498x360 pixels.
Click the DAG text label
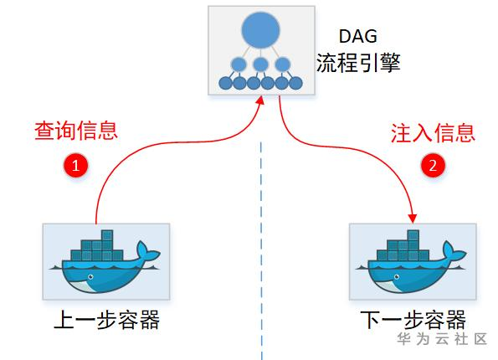tap(358, 36)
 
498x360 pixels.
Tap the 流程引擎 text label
tap(358, 62)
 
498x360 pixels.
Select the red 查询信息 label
tap(76, 131)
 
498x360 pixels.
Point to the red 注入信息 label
tap(433, 132)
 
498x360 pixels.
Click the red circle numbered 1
tap(76, 165)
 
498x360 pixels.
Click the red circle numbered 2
tap(433, 165)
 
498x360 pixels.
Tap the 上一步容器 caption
tap(107, 319)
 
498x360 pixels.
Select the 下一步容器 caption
tap(413, 319)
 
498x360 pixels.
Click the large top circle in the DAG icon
tap(261, 30)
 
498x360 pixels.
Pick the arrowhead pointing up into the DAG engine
tap(260, 100)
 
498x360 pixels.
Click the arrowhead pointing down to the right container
tap(413, 219)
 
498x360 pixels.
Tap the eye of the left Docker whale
tap(90, 277)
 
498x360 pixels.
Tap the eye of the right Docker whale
tap(397, 277)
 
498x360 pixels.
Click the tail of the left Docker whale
tap(146, 251)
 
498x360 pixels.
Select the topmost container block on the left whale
tap(107, 235)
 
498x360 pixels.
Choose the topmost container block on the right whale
tap(413, 235)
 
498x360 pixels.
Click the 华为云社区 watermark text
tap(442, 339)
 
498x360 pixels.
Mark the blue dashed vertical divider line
tap(261, 251)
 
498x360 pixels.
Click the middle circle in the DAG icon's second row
tap(261, 64)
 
